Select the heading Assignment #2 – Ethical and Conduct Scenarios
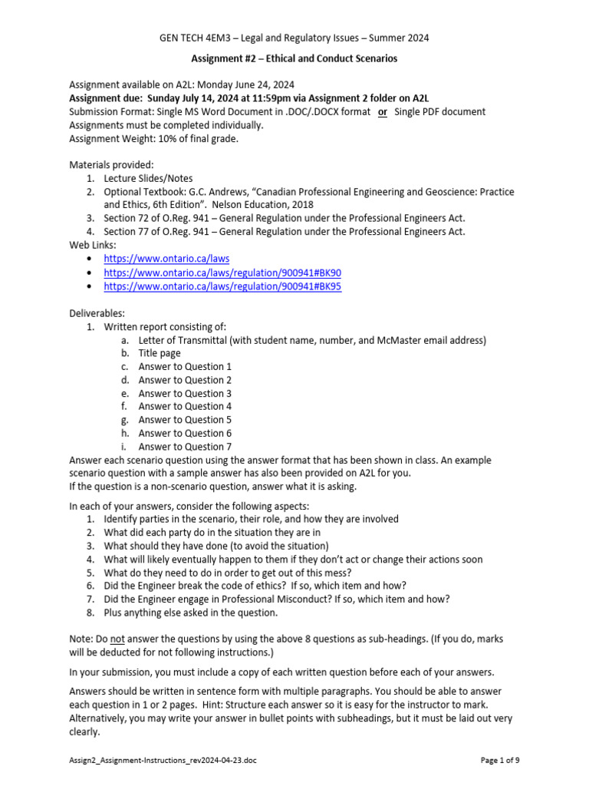pos(294,58)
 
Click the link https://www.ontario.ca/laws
pos(166,259)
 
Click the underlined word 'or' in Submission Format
pos(382,112)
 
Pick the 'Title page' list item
pos(160,353)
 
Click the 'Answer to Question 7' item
pos(185,447)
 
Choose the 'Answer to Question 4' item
pos(185,406)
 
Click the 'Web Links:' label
pos(93,245)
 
